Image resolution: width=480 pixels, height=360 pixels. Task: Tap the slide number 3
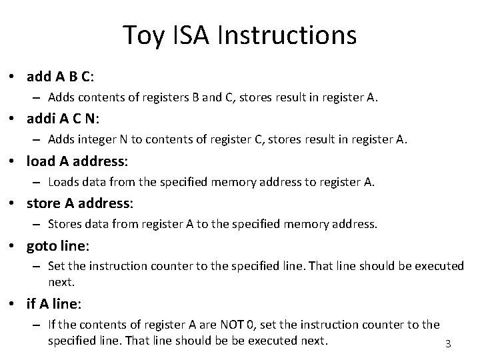tap(448, 344)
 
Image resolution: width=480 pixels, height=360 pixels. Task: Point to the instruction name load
tap(41, 161)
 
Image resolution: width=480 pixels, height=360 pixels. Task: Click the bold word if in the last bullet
tap(31, 304)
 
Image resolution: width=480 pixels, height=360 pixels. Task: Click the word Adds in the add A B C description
tap(62, 99)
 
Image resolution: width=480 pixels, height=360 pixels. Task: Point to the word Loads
tap(64, 181)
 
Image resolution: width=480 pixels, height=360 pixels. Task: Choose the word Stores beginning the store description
tap(65, 225)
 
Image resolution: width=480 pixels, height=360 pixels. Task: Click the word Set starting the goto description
tap(57, 266)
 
